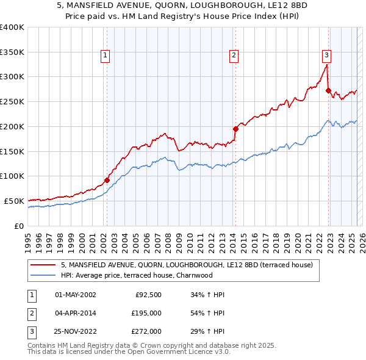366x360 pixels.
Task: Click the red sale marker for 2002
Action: (x=107, y=180)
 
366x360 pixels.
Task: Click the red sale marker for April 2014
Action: (x=235, y=129)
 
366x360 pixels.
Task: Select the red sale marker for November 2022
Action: (x=328, y=91)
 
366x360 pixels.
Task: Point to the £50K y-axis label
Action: (x=15, y=201)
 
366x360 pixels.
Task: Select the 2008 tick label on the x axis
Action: (x=168, y=238)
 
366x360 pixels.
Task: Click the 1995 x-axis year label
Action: (x=28, y=238)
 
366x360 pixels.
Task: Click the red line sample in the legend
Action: (x=43, y=265)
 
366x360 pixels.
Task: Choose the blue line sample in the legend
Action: (x=43, y=275)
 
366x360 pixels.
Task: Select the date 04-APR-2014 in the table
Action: (x=76, y=314)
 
